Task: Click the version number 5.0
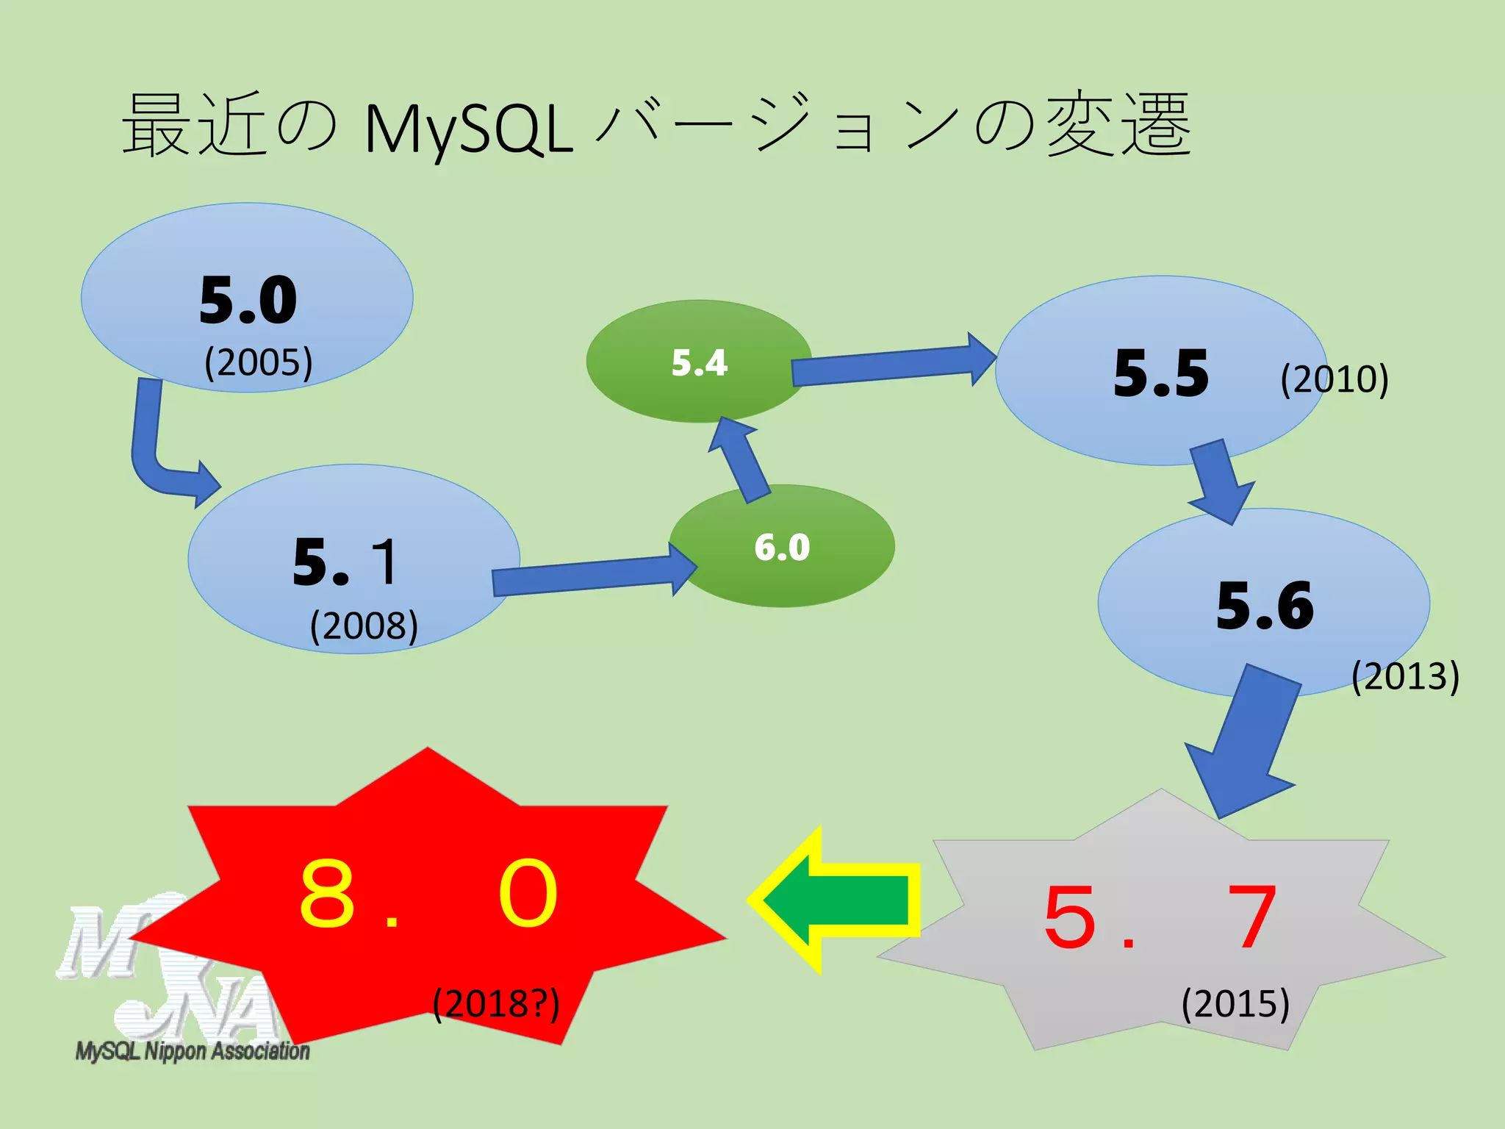(248, 300)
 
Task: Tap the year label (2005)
(259, 362)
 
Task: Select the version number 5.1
(345, 562)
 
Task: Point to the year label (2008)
(364, 626)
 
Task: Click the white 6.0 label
(782, 548)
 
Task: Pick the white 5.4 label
(700, 363)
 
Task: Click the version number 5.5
(1161, 373)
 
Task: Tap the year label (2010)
(1335, 379)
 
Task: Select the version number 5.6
(1265, 606)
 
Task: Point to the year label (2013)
(1405, 675)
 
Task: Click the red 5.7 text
(1160, 917)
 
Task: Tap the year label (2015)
(1235, 1004)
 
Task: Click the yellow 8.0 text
(428, 895)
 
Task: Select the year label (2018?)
(496, 1004)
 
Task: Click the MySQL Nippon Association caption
(193, 1051)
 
